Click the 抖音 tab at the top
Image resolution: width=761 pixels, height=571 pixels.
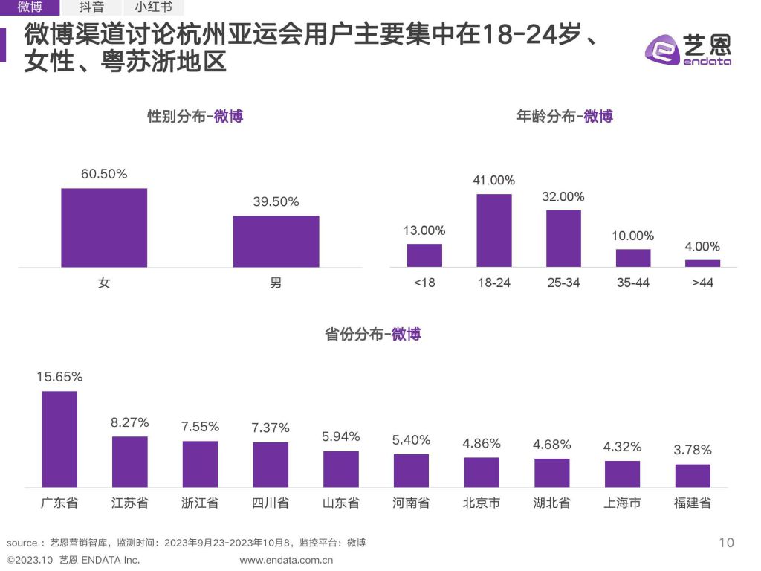91,7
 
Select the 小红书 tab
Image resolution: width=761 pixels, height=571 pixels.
153,7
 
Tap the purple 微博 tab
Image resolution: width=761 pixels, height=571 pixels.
30,7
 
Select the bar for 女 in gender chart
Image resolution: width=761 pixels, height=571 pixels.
104,228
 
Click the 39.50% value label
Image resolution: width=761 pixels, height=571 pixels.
276,202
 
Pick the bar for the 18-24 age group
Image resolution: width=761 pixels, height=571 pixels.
493,230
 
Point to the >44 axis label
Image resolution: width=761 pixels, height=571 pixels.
702,283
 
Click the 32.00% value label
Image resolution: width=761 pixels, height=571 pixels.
563,197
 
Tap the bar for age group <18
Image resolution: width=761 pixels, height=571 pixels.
424,255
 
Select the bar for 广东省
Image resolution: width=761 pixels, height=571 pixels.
59,439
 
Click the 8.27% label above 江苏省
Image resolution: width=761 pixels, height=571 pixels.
130,422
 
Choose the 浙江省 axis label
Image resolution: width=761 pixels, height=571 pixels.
200,503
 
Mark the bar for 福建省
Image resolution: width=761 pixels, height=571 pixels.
693,475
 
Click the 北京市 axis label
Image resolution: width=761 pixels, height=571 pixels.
482,503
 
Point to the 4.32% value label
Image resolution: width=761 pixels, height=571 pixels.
622,447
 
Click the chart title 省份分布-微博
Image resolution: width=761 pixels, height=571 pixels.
373,335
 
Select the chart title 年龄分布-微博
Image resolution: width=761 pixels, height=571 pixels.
565,117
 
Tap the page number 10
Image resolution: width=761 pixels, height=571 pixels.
726,543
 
